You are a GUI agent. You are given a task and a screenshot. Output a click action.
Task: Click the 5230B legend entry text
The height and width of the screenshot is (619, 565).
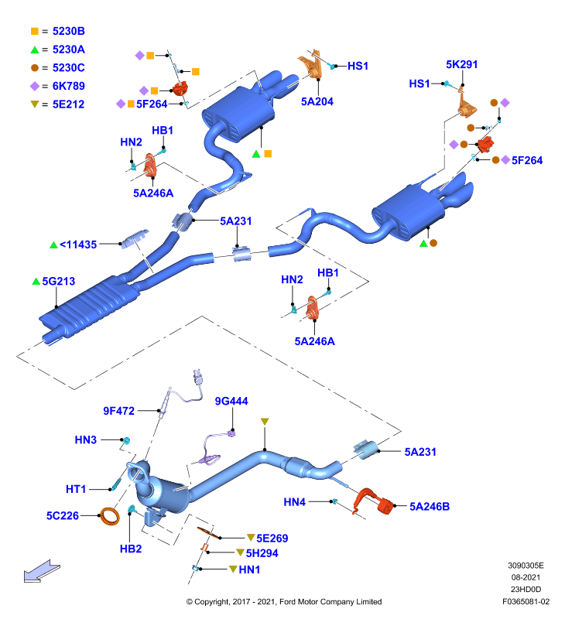pyautogui.click(x=68, y=31)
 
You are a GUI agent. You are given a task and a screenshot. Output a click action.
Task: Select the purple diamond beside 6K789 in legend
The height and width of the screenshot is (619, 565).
pyautogui.click(x=35, y=86)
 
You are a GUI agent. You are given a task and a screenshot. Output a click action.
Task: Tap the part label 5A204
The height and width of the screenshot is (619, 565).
pyautogui.click(x=317, y=102)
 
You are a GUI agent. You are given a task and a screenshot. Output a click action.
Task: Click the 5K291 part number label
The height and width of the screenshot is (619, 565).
pyautogui.click(x=461, y=64)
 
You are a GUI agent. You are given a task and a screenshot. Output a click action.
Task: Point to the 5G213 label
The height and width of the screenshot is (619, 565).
pyautogui.click(x=58, y=281)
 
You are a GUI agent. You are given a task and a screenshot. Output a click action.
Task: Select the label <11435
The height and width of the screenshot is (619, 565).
pyautogui.click(x=77, y=245)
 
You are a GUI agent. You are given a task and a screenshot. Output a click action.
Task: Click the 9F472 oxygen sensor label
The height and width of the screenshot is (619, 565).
pyautogui.click(x=119, y=411)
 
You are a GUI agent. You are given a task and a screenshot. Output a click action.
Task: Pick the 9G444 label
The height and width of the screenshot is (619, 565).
pyautogui.click(x=231, y=401)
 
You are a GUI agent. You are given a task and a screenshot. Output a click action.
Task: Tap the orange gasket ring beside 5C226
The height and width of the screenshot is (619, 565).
pyautogui.click(x=110, y=516)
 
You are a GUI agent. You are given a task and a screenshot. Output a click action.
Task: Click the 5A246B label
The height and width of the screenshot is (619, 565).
pyautogui.click(x=430, y=507)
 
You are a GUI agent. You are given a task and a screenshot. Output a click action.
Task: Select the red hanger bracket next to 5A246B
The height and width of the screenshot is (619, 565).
pyautogui.click(x=373, y=501)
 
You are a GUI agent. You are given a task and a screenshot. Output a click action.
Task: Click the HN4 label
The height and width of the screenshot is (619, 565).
pyautogui.click(x=295, y=502)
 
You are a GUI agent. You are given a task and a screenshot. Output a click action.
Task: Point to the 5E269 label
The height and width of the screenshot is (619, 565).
pyautogui.click(x=272, y=539)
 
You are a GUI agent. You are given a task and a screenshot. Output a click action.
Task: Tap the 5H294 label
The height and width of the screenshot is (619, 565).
pyautogui.click(x=262, y=553)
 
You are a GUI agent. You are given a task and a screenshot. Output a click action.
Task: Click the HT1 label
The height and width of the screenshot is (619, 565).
pyautogui.click(x=76, y=490)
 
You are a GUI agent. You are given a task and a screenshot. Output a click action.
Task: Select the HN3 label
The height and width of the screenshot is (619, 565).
pyautogui.click(x=86, y=439)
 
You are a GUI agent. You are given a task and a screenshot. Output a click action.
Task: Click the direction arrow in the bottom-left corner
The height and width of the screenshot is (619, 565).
pyautogui.click(x=42, y=571)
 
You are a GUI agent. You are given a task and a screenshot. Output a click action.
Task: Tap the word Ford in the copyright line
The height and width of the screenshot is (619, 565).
pyautogui.click(x=288, y=602)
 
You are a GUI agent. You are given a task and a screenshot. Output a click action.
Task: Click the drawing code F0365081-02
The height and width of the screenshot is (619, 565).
pyautogui.click(x=526, y=602)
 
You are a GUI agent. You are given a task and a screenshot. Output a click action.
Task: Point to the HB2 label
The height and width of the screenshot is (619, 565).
pyautogui.click(x=131, y=549)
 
